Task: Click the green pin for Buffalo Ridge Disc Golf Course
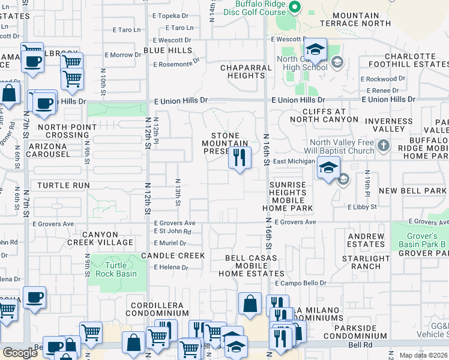pos(294,7)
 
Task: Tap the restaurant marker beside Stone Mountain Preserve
pos(239,158)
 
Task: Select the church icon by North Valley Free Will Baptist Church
pos(384,146)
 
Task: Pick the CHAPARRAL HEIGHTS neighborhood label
pos(246,72)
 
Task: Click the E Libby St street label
pos(362,206)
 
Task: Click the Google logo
pos(20,353)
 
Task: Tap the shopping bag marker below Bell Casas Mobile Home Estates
pos(250,304)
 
